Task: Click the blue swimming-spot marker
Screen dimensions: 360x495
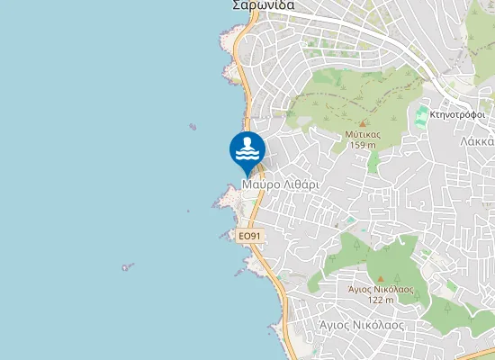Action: point(247,151)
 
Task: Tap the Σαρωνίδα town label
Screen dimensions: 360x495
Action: point(264,4)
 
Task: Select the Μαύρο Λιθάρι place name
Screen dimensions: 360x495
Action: point(281,184)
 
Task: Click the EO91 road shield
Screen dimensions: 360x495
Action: point(249,236)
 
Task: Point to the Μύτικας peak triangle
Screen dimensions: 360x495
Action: point(363,123)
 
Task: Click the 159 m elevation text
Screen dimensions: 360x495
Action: point(363,145)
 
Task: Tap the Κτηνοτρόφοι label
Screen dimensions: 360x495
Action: point(459,115)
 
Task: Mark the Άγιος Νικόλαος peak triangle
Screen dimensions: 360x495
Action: point(380,278)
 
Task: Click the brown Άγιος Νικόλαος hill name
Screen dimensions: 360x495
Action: point(381,289)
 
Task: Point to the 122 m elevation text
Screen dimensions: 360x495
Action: point(381,300)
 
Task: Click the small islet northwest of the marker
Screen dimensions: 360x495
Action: point(192,128)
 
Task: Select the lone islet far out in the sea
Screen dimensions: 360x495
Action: point(128,266)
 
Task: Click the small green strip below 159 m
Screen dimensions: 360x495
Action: point(373,162)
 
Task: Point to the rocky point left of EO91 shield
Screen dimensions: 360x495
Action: point(225,235)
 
